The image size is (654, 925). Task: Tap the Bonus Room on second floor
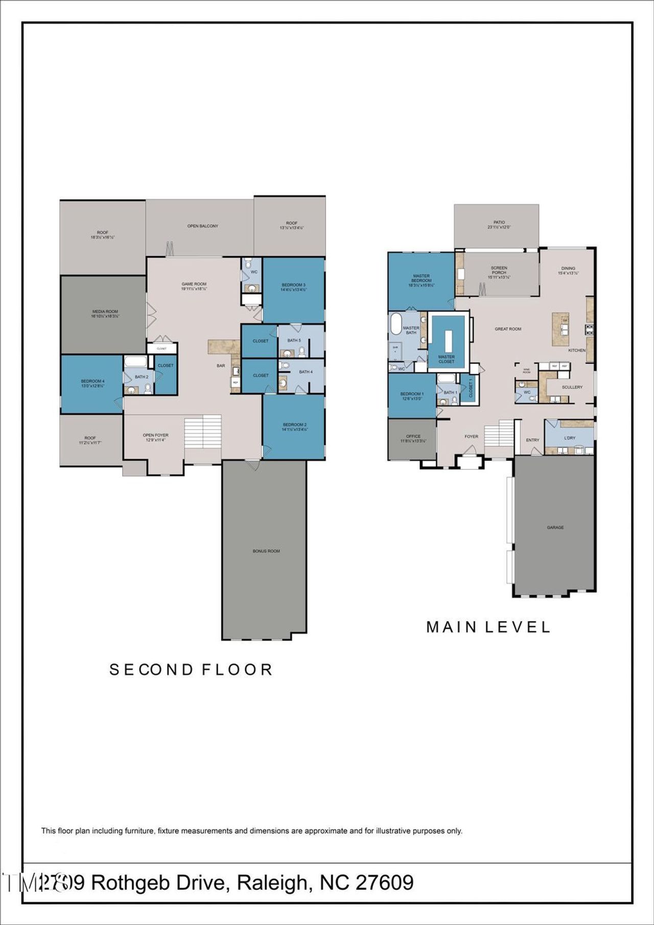point(266,551)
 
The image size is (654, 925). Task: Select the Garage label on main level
point(555,527)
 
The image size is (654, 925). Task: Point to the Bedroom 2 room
point(294,426)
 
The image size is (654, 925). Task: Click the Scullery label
point(572,387)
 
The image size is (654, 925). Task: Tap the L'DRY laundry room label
point(569,438)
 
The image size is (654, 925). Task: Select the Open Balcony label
point(202,226)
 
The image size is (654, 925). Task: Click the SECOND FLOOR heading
point(191,670)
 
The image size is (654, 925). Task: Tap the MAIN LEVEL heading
point(488,627)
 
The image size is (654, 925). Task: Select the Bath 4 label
point(306,372)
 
